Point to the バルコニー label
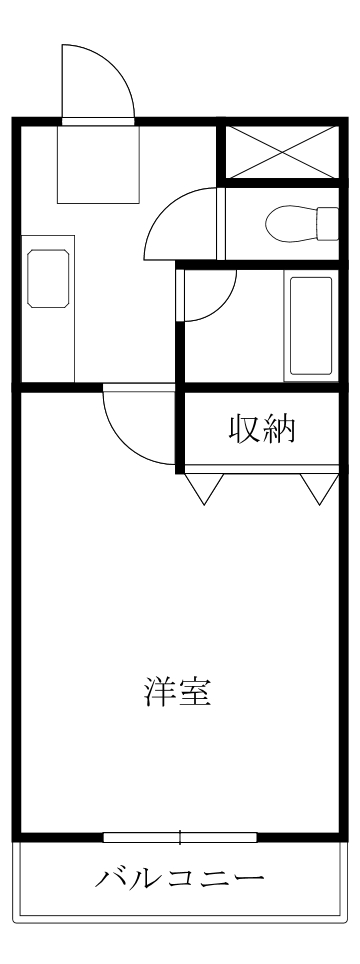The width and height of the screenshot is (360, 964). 180,880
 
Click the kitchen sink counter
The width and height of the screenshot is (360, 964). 49,309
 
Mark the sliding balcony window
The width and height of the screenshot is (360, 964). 180,837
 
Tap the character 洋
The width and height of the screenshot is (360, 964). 158,693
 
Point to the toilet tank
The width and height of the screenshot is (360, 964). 328,222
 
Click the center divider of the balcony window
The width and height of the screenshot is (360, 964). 180,837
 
